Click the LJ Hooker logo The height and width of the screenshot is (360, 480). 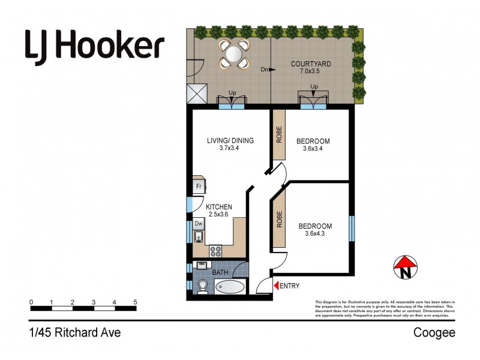[94, 45]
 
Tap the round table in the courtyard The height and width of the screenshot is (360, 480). [233, 54]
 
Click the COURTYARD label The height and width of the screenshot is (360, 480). [311, 64]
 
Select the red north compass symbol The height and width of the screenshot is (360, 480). [406, 268]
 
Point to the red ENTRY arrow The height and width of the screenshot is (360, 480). [276, 286]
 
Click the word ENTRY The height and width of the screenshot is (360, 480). [290, 286]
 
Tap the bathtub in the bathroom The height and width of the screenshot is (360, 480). [229, 287]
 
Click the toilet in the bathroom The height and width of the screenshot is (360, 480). [202, 286]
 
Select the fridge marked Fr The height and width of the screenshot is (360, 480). [199, 187]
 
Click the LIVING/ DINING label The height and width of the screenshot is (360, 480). [230, 141]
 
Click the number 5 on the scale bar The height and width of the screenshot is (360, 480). [136, 302]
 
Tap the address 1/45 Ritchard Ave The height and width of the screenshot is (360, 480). [75, 332]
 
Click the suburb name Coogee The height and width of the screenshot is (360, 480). [434, 332]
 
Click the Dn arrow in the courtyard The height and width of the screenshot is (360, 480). [271, 70]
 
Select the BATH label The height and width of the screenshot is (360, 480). [220, 271]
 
